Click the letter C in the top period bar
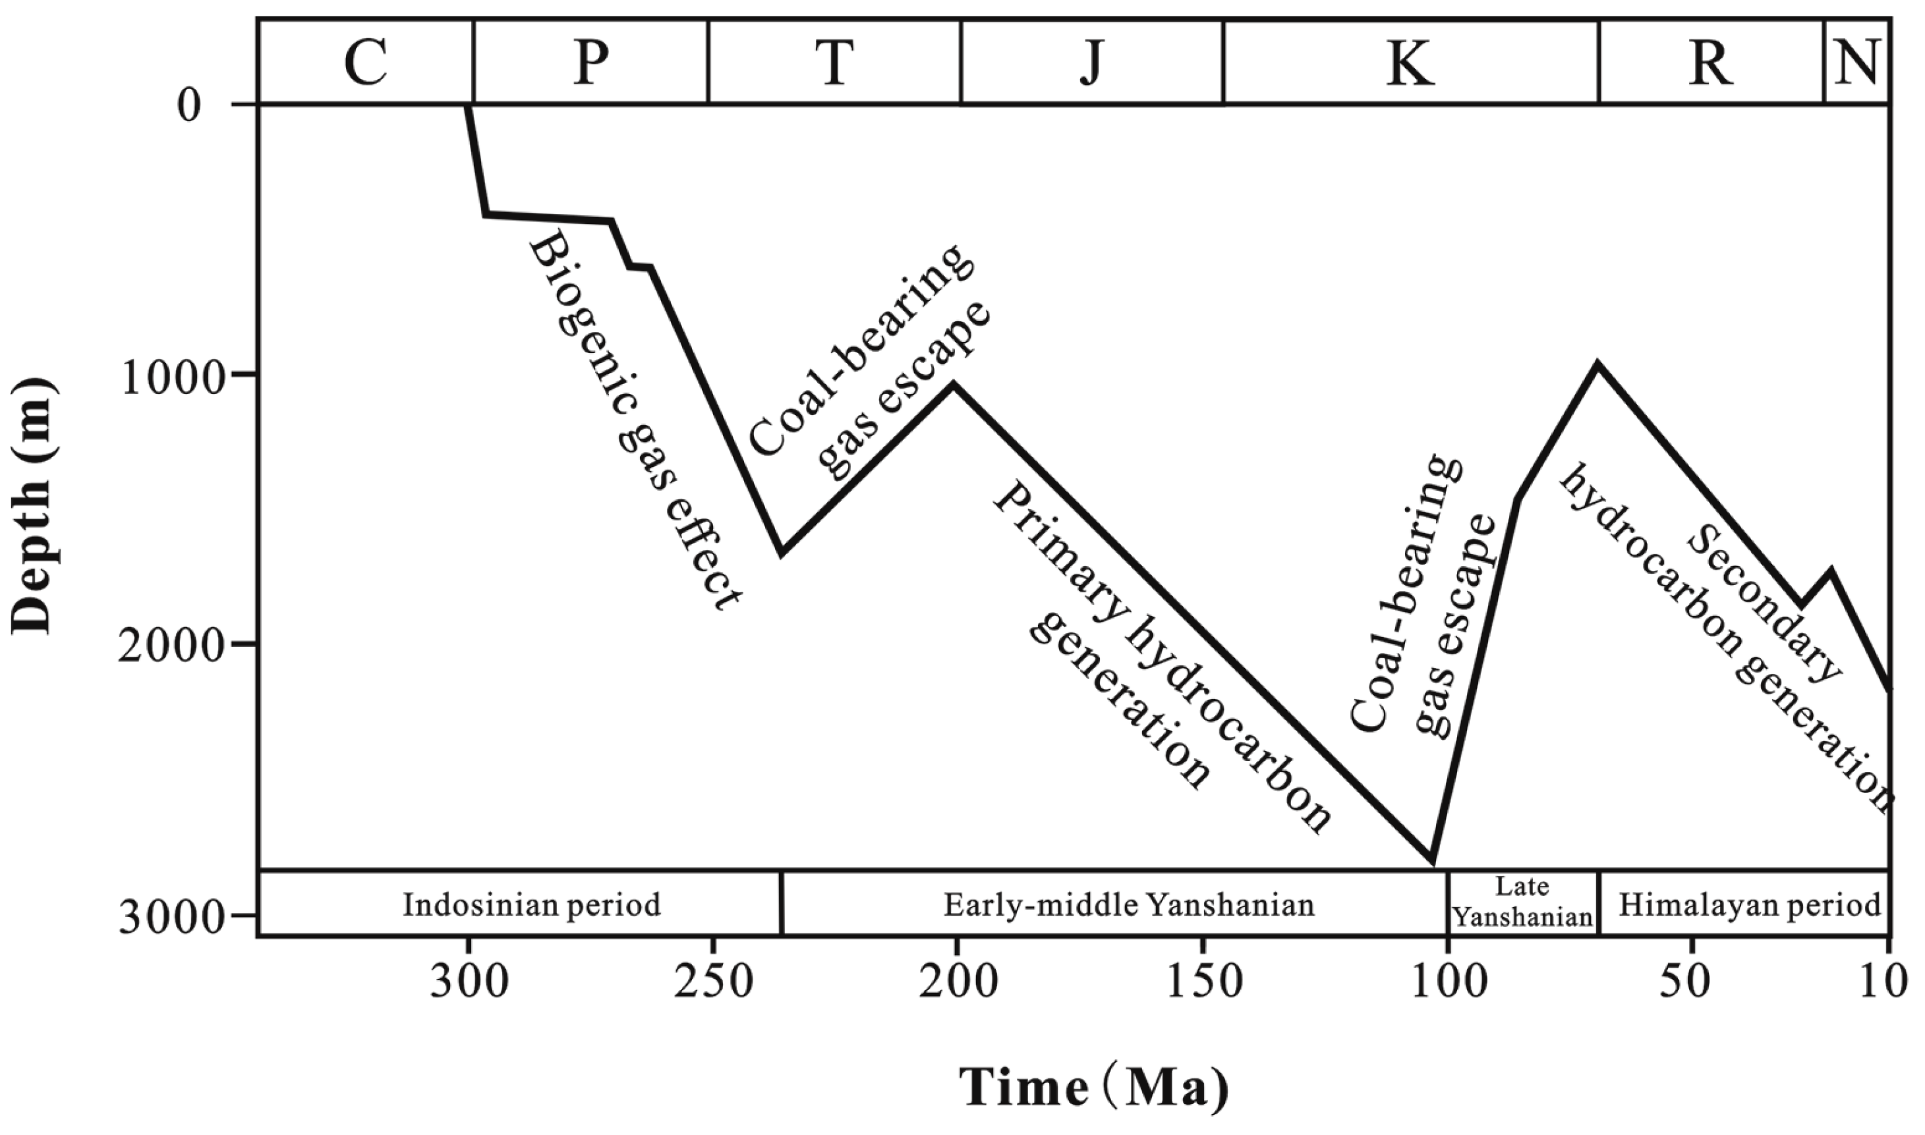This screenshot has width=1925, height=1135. click(365, 63)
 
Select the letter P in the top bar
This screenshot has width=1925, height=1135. click(591, 63)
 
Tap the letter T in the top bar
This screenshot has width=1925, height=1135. click(834, 63)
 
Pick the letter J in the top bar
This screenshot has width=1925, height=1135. click(1092, 63)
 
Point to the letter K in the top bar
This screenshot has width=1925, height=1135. click(1410, 63)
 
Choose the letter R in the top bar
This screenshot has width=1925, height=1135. click(1711, 63)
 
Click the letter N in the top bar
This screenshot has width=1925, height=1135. click(1857, 63)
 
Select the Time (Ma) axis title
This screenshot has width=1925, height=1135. click(1095, 1087)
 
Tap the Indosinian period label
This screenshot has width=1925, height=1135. click(532, 905)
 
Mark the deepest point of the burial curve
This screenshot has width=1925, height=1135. click(1431, 862)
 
